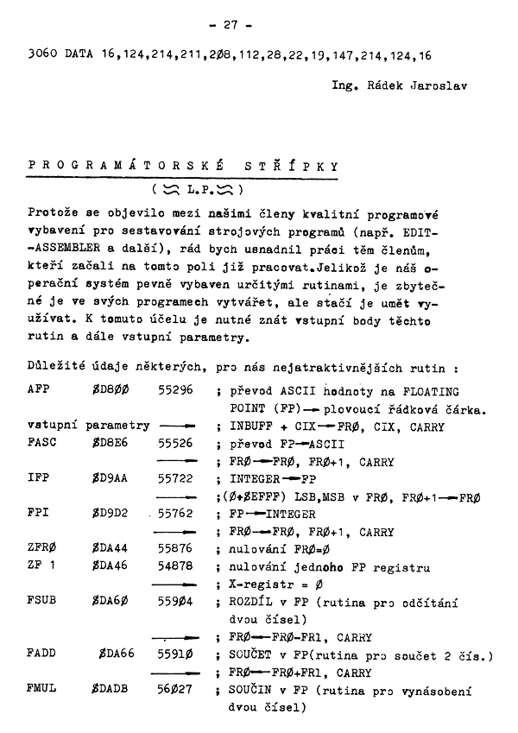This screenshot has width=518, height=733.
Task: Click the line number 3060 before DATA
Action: click(43, 55)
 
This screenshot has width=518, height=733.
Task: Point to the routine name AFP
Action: click(38, 390)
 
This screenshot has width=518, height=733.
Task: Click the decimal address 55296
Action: click(177, 390)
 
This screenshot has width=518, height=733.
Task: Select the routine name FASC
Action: click(41, 440)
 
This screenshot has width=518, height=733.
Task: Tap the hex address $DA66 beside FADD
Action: click(116, 654)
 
